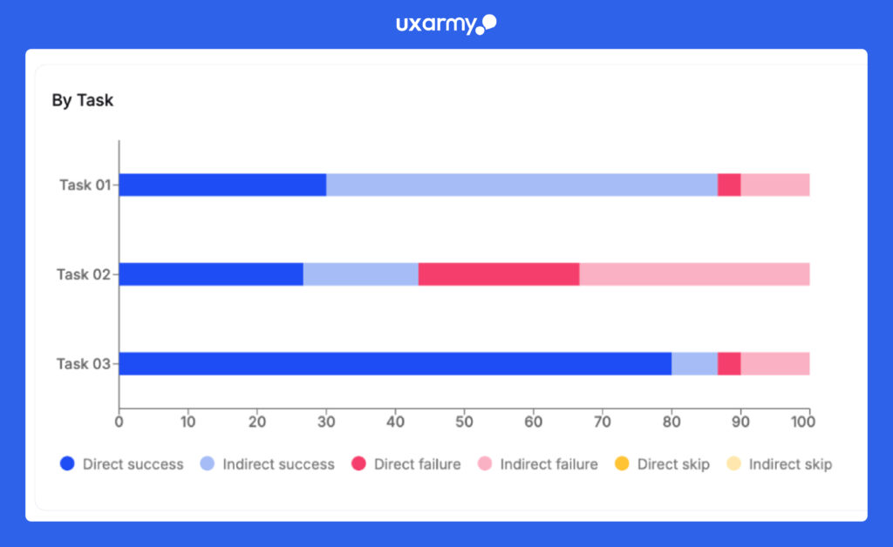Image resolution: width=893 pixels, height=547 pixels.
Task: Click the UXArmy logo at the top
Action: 446,24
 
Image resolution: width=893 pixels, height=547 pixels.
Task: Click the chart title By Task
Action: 82,100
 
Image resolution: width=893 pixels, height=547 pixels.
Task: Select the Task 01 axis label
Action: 85,185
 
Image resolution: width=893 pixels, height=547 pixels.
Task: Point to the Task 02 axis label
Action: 85,274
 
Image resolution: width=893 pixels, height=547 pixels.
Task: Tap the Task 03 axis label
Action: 85,364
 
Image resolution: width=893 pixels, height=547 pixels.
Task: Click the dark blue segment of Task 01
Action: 222,185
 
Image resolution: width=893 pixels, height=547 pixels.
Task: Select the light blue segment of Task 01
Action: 521,185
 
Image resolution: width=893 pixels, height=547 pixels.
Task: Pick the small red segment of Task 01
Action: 729,185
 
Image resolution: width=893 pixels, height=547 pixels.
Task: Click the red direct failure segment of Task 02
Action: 499,274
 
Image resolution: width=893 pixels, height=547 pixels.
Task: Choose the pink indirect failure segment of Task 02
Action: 694,274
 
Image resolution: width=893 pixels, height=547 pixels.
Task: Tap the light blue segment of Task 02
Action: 360,274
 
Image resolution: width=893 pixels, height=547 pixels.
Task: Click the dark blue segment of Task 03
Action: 395,364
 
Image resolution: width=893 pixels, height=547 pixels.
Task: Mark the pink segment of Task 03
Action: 775,364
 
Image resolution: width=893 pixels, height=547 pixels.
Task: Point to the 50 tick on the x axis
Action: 464,422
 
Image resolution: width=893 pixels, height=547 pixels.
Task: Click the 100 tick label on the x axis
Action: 802,422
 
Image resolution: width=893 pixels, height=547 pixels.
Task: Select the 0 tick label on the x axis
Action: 119,422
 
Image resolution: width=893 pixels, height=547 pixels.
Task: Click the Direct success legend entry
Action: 122,464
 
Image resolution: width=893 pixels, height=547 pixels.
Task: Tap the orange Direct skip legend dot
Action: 621,464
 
